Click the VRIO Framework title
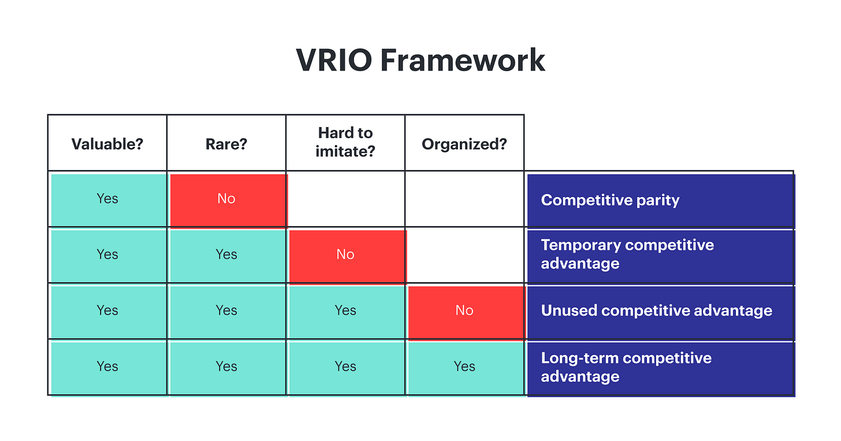(x=420, y=60)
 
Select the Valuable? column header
(x=107, y=143)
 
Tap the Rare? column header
(x=226, y=143)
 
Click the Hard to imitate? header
(x=345, y=142)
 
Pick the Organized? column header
(x=464, y=143)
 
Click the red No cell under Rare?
(x=226, y=199)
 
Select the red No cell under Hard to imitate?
(x=345, y=255)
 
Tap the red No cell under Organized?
(x=464, y=311)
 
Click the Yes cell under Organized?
(x=464, y=367)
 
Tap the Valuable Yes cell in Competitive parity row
(x=107, y=199)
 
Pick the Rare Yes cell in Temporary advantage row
(x=226, y=255)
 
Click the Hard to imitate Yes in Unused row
(x=345, y=311)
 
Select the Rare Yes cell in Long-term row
(x=226, y=367)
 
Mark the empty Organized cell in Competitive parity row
(x=464, y=199)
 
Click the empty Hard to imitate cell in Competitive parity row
(x=345, y=199)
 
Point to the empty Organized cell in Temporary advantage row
(x=464, y=255)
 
